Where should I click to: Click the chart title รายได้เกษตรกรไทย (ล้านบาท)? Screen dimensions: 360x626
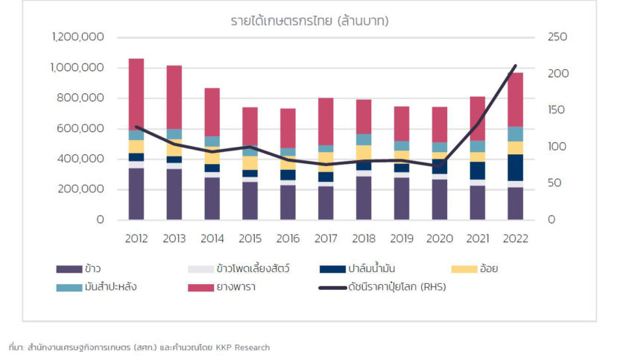tap(309, 21)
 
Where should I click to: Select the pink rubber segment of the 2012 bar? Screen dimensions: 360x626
tap(136, 93)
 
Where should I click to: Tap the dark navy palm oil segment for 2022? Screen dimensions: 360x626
tap(516, 167)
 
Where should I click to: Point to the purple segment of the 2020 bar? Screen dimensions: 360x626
tap(440, 199)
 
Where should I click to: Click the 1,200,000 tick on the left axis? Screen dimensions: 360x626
tap(78, 37)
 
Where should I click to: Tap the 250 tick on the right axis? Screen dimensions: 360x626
tap(557, 37)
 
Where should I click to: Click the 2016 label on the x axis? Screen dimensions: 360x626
tap(288, 239)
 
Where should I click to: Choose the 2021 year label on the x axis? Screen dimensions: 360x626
tap(478, 239)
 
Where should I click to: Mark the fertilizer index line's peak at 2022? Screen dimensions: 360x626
tap(516, 66)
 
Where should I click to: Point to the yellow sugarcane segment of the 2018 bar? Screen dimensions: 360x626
tap(364, 152)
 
